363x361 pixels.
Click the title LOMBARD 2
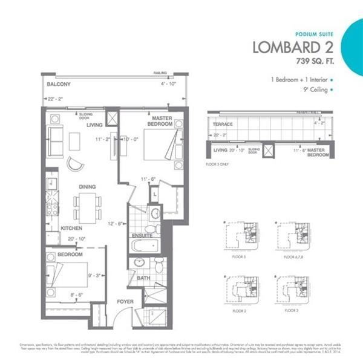[292, 47]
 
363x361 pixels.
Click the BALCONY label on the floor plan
[59, 85]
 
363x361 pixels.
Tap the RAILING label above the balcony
[160, 71]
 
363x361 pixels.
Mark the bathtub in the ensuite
[144, 245]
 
